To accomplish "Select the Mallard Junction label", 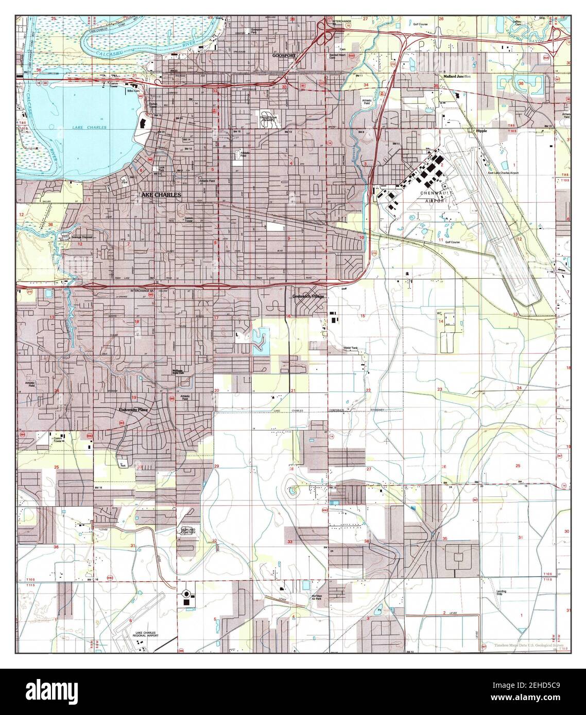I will tap(457, 76).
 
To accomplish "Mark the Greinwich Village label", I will tap(308, 297).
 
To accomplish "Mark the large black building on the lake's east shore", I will tap(142, 123).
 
